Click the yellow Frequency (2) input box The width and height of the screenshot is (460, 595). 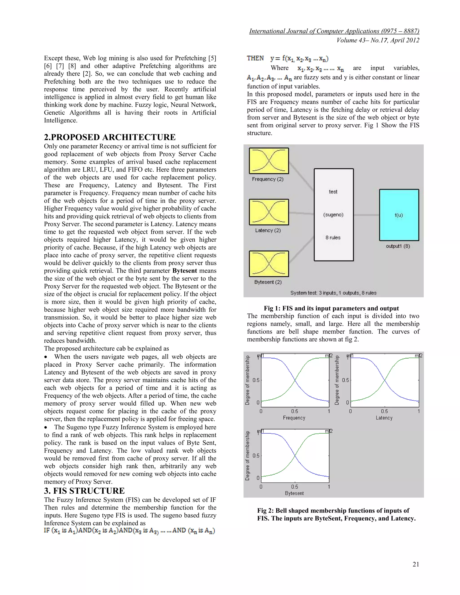click(x=269, y=161)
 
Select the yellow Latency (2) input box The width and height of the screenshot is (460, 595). click(x=269, y=212)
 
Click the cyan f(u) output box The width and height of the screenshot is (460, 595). click(x=399, y=215)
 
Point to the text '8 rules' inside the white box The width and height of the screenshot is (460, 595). click(x=333, y=238)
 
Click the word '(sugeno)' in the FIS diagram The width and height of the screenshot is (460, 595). click(x=333, y=215)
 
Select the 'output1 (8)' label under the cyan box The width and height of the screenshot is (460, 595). click(x=398, y=246)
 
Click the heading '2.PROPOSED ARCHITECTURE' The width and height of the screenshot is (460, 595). click(x=110, y=137)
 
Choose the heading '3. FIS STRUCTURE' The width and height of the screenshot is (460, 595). click(x=84, y=491)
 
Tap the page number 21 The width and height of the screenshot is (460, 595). click(x=416, y=564)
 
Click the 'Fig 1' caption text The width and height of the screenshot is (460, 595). click(x=331, y=309)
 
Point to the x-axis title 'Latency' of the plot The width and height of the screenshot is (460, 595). click(x=384, y=418)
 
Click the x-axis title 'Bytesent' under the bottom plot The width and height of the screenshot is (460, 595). click(x=294, y=493)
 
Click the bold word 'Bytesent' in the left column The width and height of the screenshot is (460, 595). click(x=185, y=271)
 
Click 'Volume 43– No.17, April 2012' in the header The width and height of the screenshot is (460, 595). click(x=378, y=40)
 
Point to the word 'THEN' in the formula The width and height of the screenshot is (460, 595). click(x=255, y=58)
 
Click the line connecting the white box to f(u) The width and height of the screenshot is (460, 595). click(x=366, y=215)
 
